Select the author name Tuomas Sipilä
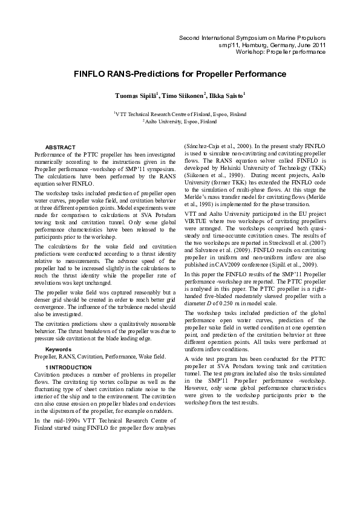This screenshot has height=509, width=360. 137,96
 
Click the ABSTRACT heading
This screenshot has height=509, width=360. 61,148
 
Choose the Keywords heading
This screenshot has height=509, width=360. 58,349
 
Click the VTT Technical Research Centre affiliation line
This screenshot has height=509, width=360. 180,114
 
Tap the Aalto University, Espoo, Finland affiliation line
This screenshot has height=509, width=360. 180,121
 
